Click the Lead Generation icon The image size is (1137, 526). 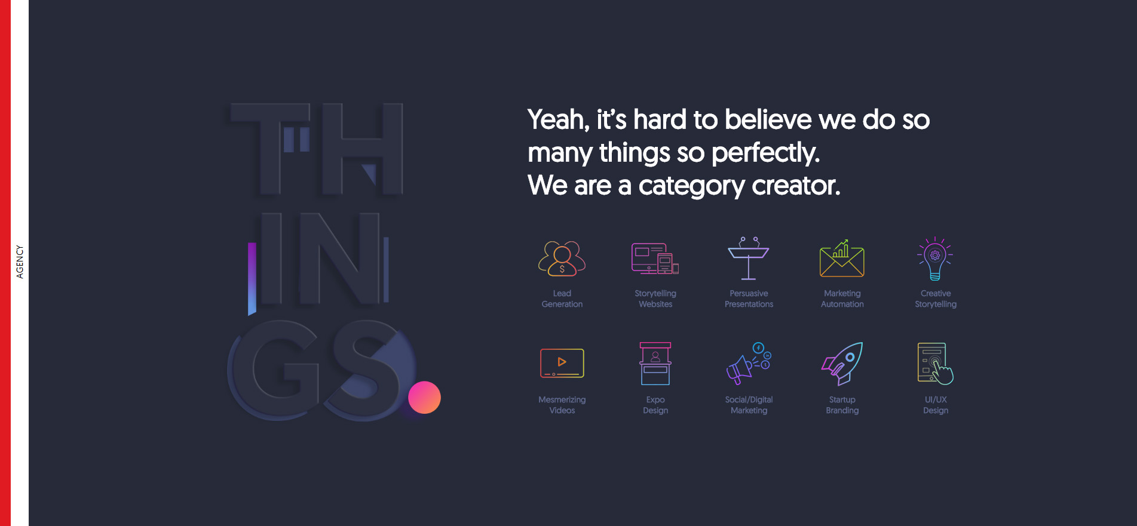(562, 259)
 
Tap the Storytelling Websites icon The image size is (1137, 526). (655, 259)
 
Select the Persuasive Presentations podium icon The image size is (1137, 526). (748, 258)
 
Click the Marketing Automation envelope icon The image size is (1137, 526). (842, 259)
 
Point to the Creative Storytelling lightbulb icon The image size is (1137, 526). (935, 259)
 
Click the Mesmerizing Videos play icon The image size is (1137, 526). (562, 363)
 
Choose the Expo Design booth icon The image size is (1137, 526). (655, 364)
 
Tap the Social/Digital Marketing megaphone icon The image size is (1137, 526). (749, 364)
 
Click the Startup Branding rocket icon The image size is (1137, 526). (842, 364)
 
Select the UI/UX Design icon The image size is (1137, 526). (935, 364)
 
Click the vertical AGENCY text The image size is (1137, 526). (20, 262)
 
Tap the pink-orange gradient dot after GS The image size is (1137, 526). (424, 397)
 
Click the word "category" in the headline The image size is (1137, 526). (692, 186)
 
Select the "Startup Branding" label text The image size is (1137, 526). (842, 405)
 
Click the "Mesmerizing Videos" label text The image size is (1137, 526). (562, 405)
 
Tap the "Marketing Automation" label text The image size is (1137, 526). (842, 299)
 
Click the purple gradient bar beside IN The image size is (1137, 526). (252, 278)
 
